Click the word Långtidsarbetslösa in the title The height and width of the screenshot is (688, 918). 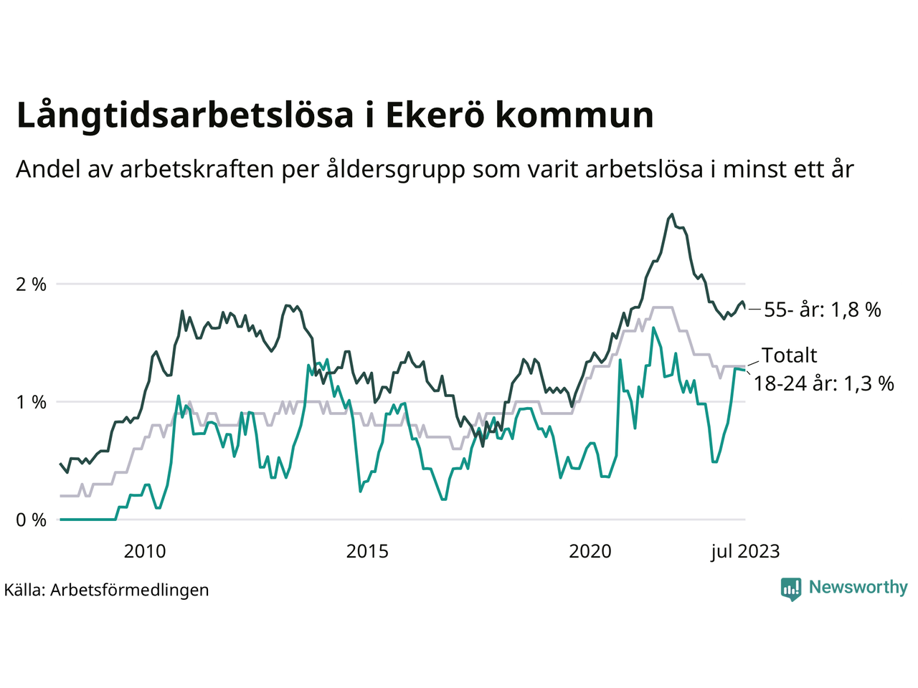184,116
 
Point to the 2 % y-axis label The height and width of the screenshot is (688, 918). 31,285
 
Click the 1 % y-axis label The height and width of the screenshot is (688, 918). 31,402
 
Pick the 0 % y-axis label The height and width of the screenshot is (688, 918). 31,520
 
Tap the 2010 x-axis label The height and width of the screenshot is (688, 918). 144,551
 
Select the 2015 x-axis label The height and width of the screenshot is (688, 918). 367,551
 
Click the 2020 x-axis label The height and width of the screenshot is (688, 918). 590,551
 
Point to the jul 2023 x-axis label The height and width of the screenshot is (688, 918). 745,551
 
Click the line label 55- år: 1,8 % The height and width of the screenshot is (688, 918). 822,310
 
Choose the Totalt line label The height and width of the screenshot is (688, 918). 789,355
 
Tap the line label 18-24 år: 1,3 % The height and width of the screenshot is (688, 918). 823,383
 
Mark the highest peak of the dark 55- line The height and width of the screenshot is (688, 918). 672,214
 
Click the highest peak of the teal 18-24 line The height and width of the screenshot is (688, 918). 653,328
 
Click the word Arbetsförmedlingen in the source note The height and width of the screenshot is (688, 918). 130,590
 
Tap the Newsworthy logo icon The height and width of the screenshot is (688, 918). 791,588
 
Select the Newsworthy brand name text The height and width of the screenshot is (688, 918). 858,587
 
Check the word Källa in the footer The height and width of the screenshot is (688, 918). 24,590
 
